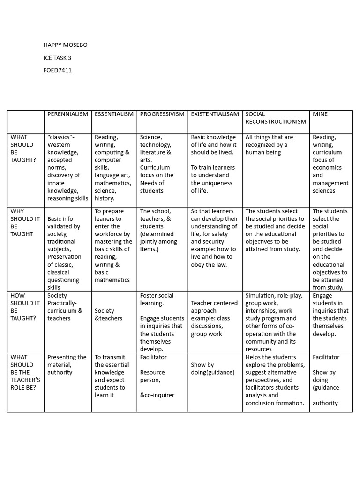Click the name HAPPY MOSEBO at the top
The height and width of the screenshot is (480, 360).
[x=65, y=45]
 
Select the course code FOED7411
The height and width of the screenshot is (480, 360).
[x=57, y=70]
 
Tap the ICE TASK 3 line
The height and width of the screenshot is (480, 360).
[x=57, y=58]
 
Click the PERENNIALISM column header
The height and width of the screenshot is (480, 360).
[x=67, y=114]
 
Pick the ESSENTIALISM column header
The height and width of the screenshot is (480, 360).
[x=114, y=114]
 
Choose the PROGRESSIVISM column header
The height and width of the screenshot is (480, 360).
[x=162, y=114]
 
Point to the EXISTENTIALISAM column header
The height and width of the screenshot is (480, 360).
[x=215, y=114]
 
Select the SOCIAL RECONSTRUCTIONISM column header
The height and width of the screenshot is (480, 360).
[x=276, y=118]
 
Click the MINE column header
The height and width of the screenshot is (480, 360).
[x=320, y=114]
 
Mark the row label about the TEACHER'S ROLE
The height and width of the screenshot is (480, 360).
[x=24, y=372]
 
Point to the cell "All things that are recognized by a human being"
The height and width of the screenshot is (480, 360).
[x=269, y=144]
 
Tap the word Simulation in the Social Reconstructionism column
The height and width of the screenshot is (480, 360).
[x=261, y=295]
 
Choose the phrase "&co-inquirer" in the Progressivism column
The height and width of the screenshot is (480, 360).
[x=157, y=395]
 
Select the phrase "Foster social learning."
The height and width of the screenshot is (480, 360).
[x=157, y=299]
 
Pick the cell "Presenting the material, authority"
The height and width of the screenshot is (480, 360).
[x=67, y=364]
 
